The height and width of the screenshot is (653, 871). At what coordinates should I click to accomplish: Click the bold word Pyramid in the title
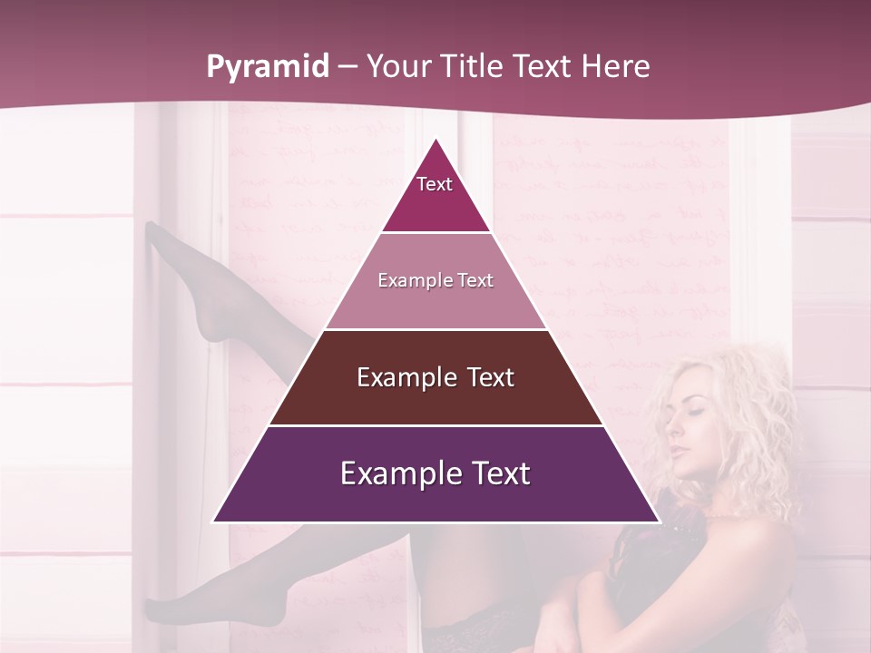coord(267,67)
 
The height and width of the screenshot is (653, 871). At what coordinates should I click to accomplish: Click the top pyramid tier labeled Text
coord(435,195)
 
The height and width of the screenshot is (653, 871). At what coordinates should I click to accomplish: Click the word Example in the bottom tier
coord(396,473)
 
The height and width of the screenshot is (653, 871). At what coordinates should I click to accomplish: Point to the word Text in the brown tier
coord(486,377)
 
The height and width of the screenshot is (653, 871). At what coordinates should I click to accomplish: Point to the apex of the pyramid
coord(435,140)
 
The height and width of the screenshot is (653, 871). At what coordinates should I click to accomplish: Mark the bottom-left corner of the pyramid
coord(214,521)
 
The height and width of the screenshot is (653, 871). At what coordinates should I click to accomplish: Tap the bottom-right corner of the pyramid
coord(658,521)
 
